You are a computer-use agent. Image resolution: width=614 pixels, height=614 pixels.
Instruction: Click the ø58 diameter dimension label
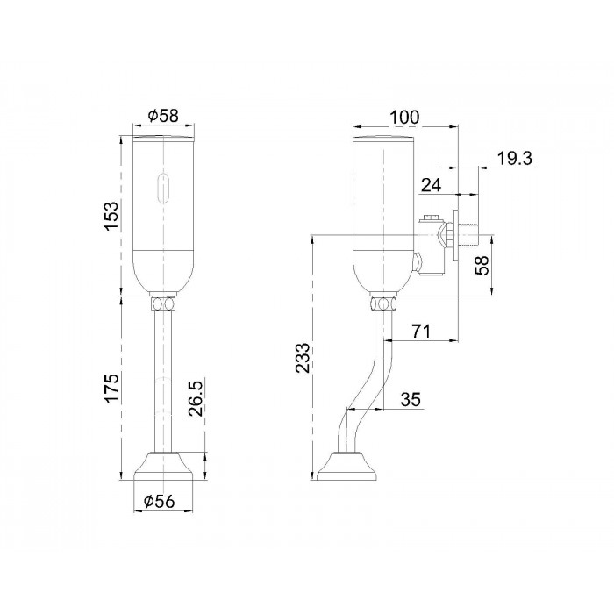tap(163, 116)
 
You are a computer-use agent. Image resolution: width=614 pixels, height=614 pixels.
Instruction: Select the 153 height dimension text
tap(111, 216)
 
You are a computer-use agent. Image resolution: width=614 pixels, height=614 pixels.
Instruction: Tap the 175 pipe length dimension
tap(111, 388)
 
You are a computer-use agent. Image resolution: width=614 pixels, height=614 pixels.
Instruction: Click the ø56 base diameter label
tap(159, 501)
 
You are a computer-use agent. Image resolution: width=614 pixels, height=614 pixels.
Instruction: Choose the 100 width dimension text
tap(404, 117)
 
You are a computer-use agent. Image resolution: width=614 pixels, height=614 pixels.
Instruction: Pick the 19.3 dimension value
tap(515, 159)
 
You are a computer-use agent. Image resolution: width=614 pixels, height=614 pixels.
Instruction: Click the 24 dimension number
tap(432, 185)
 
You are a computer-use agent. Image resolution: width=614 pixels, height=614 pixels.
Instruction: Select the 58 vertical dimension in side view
tap(482, 265)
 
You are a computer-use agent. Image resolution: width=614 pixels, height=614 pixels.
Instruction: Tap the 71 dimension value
tap(421, 332)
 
